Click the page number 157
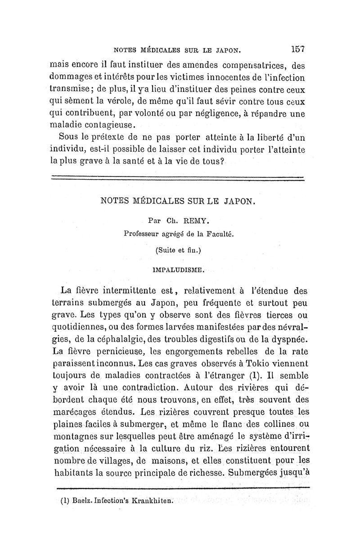coord(299,49)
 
